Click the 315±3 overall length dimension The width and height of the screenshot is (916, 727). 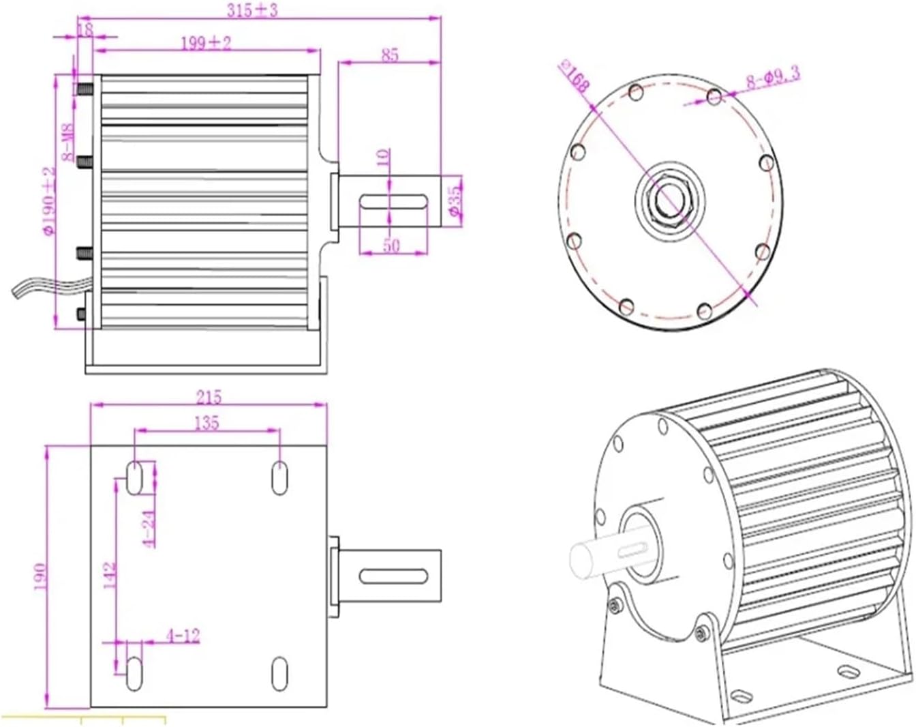(x=253, y=10)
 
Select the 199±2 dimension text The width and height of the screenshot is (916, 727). (x=206, y=43)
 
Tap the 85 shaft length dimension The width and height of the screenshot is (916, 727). (x=389, y=55)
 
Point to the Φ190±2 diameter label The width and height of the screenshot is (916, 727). (x=48, y=201)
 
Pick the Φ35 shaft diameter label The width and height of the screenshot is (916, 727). (x=455, y=201)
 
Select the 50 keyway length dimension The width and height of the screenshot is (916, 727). (x=391, y=245)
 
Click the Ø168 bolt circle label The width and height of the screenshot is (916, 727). (x=574, y=76)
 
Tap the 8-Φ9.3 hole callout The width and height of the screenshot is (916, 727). (x=772, y=78)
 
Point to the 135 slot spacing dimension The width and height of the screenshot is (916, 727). (x=207, y=423)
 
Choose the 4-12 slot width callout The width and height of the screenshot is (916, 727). (x=183, y=636)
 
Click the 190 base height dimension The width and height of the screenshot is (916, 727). (x=39, y=577)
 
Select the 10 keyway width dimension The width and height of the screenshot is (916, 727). (x=383, y=158)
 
